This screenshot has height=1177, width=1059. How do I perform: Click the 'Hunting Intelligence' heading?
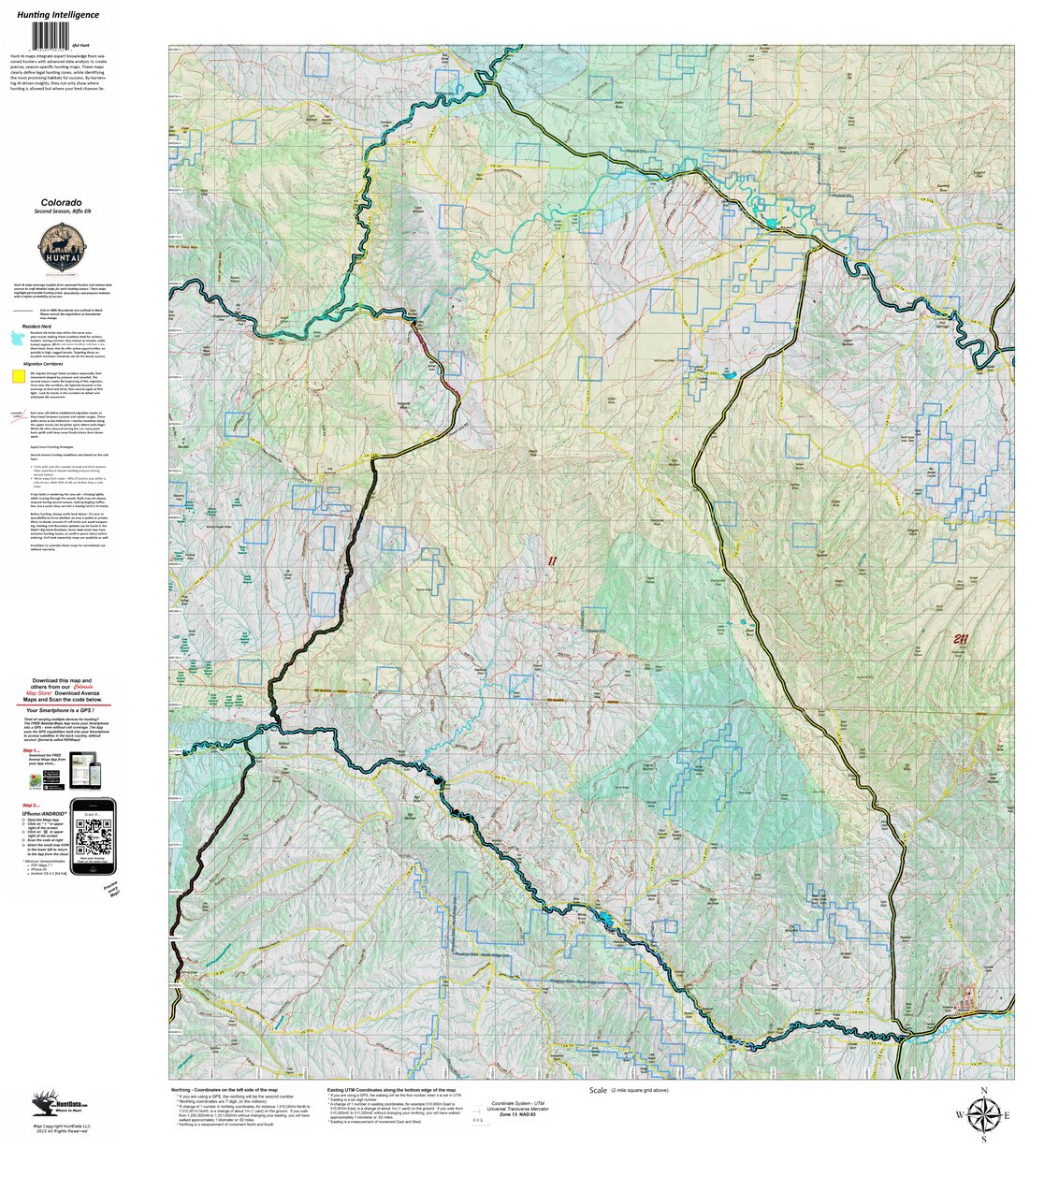(x=57, y=15)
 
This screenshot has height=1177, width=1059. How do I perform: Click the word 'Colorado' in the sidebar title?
(x=60, y=202)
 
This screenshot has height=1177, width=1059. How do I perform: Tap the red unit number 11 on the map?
(x=552, y=561)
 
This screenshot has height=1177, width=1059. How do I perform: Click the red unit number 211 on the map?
(x=960, y=640)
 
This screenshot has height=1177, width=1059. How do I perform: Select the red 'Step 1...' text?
(x=31, y=749)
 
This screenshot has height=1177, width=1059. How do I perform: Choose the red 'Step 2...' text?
(x=31, y=803)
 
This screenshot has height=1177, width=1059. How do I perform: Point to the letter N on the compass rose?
(x=983, y=1091)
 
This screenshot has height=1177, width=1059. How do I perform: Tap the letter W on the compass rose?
(x=959, y=1115)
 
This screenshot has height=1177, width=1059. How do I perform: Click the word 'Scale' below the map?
(x=599, y=1091)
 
